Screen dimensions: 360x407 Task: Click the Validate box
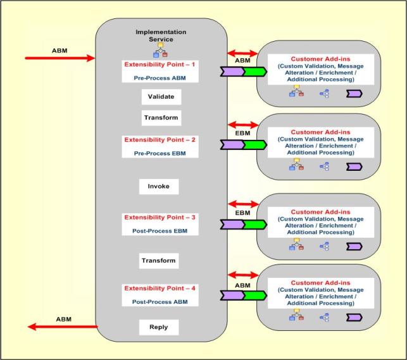coord(161,97)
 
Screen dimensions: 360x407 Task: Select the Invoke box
coord(158,187)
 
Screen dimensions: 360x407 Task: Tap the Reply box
coord(158,327)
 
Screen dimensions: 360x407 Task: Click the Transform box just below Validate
coord(161,118)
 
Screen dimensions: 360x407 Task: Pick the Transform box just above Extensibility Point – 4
coord(158,261)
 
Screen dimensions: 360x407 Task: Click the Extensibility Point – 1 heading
coord(160,65)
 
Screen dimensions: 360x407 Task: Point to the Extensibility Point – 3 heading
coord(160,217)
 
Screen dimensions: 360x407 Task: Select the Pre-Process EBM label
coord(160,154)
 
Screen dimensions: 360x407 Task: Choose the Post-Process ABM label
coord(160,302)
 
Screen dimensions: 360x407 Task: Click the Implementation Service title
coord(161,35)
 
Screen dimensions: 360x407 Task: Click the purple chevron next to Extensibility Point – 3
coord(232,224)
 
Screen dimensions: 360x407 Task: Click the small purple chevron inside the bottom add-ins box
coord(354,316)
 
